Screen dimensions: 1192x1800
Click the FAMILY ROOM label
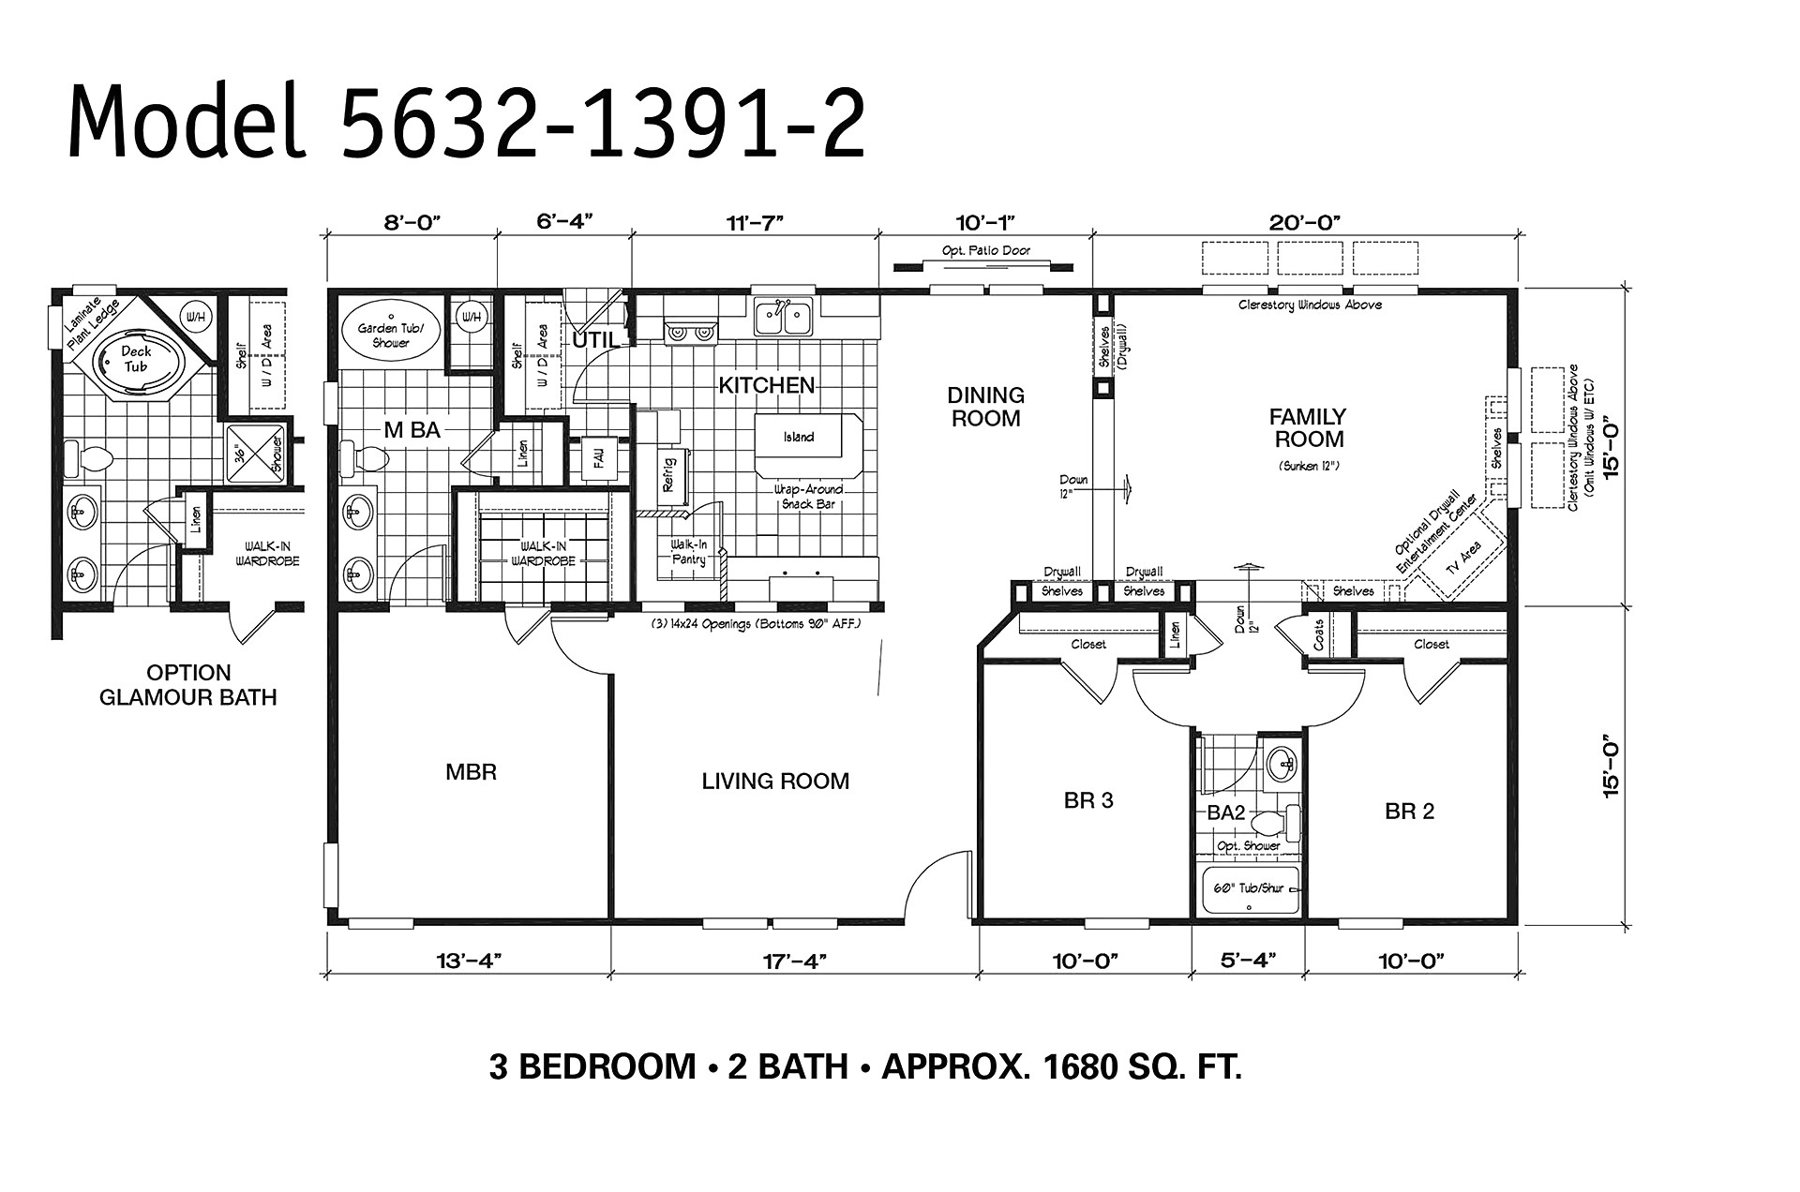tap(1307, 427)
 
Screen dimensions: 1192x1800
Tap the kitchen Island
tap(798, 437)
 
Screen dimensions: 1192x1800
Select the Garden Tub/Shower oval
tap(390, 335)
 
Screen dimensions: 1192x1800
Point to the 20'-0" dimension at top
tap(1306, 221)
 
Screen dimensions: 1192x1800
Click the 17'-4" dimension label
tap(794, 961)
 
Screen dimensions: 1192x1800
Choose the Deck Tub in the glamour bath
tap(135, 359)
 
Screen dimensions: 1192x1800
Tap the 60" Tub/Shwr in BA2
tap(1249, 888)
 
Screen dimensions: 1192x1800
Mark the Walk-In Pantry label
tap(688, 552)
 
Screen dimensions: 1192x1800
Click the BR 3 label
tap(1088, 800)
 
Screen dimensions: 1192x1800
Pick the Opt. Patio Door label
tap(985, 250)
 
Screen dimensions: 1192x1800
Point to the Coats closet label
tap(1318, 633)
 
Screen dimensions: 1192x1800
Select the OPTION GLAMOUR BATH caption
tap(187, 685)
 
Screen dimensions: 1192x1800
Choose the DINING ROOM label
tap(985, 407)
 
